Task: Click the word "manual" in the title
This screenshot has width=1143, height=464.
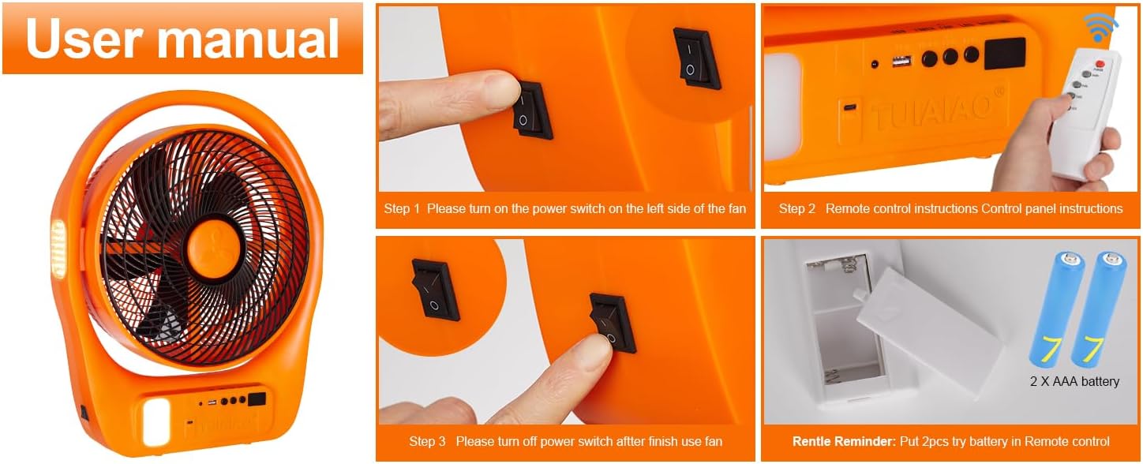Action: (248, 39)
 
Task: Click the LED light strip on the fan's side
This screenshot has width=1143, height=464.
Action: (58, 249)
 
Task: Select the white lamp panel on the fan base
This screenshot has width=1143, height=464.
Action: (156, 421)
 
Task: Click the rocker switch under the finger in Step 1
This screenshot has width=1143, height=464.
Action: (532, 110)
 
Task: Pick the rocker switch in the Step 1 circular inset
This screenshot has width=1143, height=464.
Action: (696, 58)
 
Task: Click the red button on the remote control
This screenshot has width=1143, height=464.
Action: (1100, 64)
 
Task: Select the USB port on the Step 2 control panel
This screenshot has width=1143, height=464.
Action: (901, 62)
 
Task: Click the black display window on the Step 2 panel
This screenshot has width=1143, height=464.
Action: (1005, 53)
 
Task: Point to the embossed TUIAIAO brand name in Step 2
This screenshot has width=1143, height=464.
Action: (931, 111)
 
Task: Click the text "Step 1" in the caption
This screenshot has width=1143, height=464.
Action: (402, 208)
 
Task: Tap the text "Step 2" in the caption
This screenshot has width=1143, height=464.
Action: (797, 208)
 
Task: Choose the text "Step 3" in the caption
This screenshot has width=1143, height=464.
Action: (427, 441)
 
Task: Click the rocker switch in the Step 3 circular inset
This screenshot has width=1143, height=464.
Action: (435, 289)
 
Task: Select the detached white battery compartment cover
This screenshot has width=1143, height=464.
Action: (928, 331)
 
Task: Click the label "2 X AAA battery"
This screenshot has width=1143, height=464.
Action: (1074, 381)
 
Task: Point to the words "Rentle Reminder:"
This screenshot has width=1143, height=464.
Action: (844, 441)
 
